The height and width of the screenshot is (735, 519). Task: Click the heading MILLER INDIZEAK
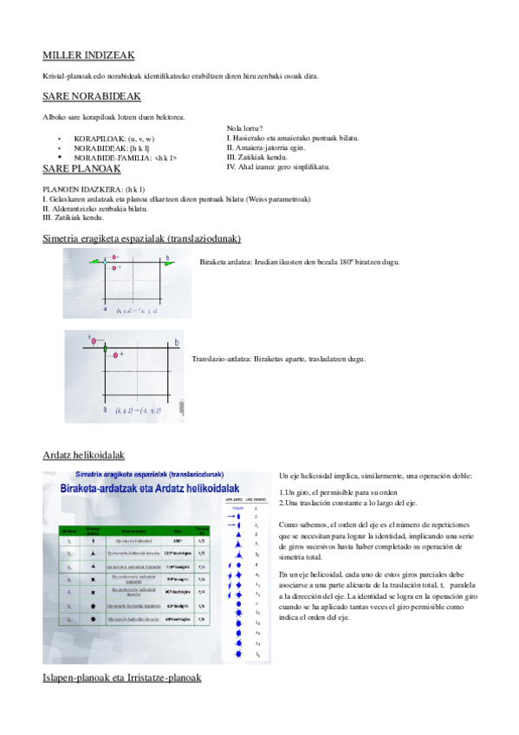pyautogui.click(x=88, y=55)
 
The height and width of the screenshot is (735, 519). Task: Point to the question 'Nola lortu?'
pyautogui.click(x=245, y=129)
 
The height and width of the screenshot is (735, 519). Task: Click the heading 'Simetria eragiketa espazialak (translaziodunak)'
pyautogui.click(x=141, y=238)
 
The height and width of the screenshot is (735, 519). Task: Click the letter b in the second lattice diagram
pyautogui.click(x=177, y=343)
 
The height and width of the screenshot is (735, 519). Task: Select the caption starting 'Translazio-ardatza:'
pyautogui.click(x=278, y=359)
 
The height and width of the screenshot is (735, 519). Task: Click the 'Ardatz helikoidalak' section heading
pyautogui.click(x=85, y=454)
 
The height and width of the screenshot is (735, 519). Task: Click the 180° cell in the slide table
pyautogui.click(x=178, y=540)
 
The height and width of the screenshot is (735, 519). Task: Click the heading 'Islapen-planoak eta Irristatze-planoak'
pyautogui.click(x=121, y=676)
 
